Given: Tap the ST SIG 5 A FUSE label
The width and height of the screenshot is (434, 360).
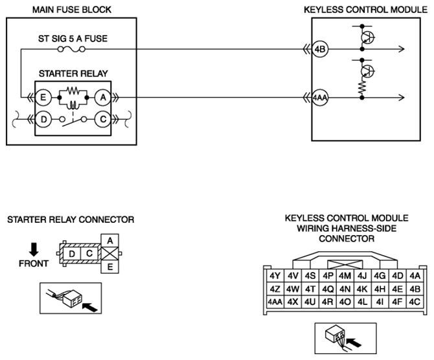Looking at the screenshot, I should click(x=72, y=38).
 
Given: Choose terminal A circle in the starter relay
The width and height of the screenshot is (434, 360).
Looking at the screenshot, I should click(x=103, y=98).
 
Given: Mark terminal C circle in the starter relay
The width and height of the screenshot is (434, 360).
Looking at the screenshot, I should click(x=103, y=120).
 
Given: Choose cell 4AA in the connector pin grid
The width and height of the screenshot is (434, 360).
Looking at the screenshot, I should click(x=275, y=301).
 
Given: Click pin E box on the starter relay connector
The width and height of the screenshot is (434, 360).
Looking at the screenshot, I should click(x=109, y=265).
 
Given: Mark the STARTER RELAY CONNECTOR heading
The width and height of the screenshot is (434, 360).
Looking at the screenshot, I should click(x=71, y=220).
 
